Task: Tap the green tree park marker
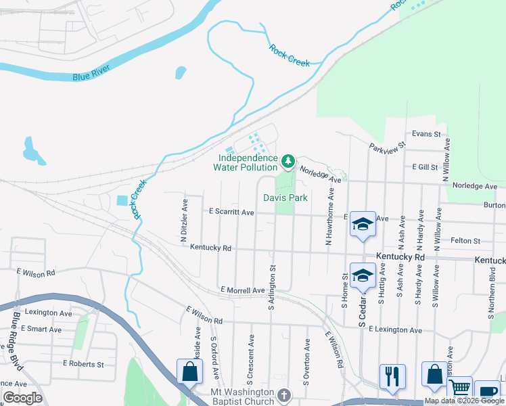pos(289,160)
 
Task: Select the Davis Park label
pos(285,198)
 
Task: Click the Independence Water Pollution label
pos(245,162)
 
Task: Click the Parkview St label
pos(387,145)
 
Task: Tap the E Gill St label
pos(425,166)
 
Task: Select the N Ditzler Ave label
pos(183,220)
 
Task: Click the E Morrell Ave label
pos(242,290)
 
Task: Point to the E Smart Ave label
pos(41,330)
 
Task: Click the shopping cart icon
pos(459,388)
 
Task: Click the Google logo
pos(22,398)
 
